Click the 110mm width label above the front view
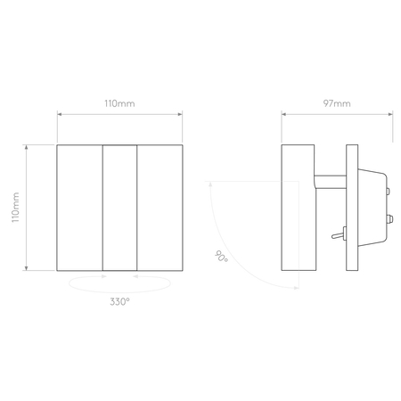(x=119, y=103)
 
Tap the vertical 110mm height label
(x=15, y=208)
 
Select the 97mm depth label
(x=337, y=103)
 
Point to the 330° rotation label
(x=119, y=302)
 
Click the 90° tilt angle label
(x=221, y=257)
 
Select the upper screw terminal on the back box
(x=389, y=191)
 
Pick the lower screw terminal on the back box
(x=390, y=219)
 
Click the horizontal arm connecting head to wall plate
(x=330, y=182)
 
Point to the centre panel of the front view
(x=119, y=208)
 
